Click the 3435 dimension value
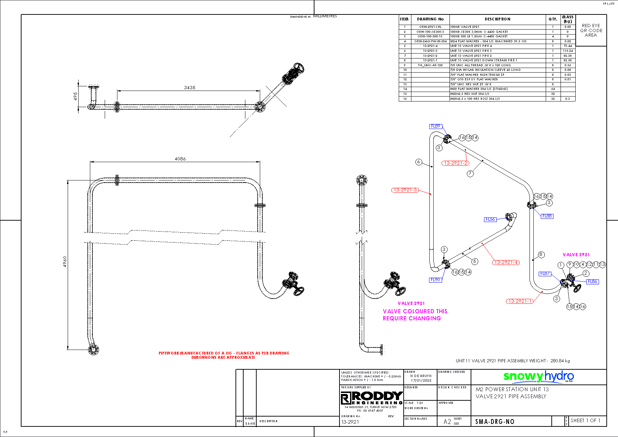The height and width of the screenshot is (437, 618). tap(189, 87)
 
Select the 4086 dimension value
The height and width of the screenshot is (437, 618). tap(180, 159)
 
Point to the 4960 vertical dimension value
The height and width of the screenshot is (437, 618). tap(65, 261)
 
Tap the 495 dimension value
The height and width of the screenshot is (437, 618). tap(75, 96)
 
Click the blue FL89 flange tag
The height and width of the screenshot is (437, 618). tap(436, 126)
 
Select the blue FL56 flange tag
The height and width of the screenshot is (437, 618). tap(490, 219)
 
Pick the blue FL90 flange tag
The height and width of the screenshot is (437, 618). tap(435, 280)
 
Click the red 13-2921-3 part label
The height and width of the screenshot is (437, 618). tap(405, 190)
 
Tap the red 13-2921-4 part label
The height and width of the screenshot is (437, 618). tap(506, 262)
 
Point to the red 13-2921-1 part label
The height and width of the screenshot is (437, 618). tap(520, 301)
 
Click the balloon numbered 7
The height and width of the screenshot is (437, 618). tap(470, 173)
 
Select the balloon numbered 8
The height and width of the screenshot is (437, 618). tap(541, 254)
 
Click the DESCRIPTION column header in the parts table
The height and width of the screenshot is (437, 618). tap(497, 19)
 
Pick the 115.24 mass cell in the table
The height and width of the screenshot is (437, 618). tap(568, 51)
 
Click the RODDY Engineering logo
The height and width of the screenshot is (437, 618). tap(372, 398)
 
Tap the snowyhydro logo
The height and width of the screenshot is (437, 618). tap(538, 376)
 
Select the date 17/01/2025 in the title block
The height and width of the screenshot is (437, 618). tap(421, 381)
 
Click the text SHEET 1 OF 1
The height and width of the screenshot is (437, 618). tap(585, 420)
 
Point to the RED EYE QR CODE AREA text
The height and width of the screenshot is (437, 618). tap(591, 30)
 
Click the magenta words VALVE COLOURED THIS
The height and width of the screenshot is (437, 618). tap(415, 312)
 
